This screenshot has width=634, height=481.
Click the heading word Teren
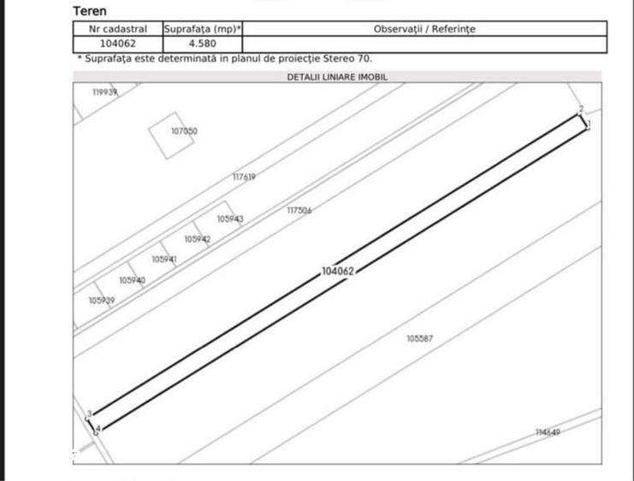pyautogui.click(x=90, y=11)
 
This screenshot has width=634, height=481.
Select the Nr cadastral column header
pyautogui.click(x=118, y=29)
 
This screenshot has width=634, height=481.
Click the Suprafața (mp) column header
pyautogui.click(x=203, y=29)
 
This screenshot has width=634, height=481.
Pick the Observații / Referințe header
pyautogui.click(x=424, y=29)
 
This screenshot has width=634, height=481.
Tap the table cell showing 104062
pyautogui.click(x=118, y=44)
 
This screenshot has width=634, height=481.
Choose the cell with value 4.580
pyautogui.click(x=202, y=44)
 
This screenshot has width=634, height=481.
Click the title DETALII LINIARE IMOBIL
pyautogui.click(x=337, y=77)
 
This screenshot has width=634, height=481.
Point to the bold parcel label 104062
pyautogui.click(x=338, y=271)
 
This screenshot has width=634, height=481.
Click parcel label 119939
pyautogui.click(x=104, y=92)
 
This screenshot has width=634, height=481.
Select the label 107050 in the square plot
pyautogui.click(x=184, y=131)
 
